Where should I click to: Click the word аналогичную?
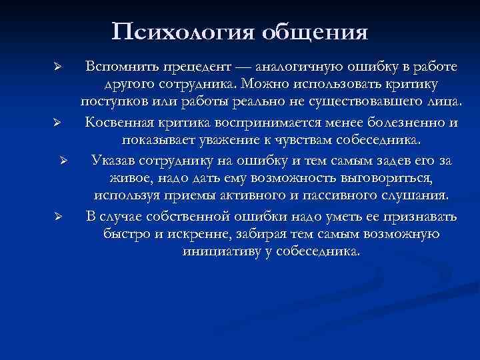[x=293, y=67]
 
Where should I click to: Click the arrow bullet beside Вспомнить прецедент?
[x=58, y=68]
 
